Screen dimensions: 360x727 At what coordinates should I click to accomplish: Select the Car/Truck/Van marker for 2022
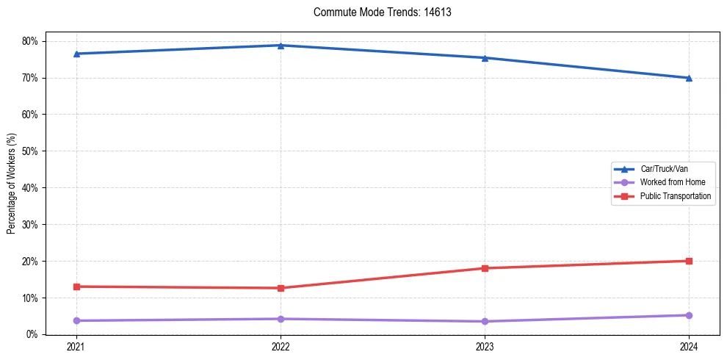(281, 46)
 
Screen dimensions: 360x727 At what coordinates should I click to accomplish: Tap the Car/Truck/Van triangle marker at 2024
(689, 78)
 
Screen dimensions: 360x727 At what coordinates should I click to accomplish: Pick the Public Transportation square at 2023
(485, 268)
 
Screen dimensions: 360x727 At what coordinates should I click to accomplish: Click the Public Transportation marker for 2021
(76, 287)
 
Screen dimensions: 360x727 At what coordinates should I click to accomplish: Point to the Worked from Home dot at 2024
(689, 315)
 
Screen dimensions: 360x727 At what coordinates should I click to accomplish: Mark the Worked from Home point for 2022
(281, 319)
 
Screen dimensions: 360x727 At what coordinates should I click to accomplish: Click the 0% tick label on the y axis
(32, 334)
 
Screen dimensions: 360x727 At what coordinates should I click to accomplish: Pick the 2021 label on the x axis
(76, 347)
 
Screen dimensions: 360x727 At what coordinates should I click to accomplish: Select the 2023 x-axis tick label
(485, 347)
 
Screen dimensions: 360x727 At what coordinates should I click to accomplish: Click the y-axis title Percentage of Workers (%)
(12, 184)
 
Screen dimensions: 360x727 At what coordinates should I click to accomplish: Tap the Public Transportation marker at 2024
(689, 261)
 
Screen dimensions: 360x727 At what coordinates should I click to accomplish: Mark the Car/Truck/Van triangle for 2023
(485, 58)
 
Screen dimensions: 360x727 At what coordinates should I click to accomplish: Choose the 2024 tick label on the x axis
(689, 347)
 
